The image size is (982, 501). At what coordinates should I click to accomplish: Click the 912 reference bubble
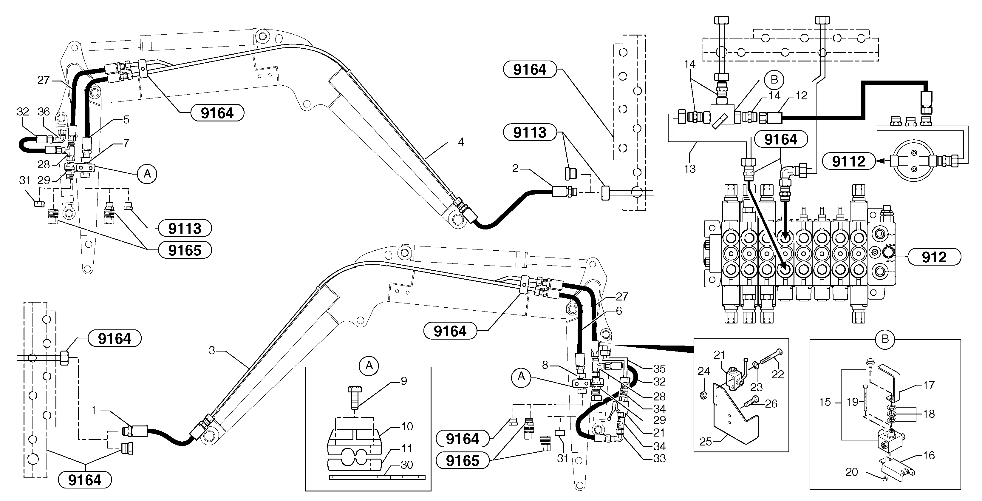pyautogui.click(x=934, y=257)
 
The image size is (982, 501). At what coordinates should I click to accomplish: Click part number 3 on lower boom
pyautogui.click(x=212, y=350)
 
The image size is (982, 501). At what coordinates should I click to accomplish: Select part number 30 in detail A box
pyautogui.click(x=407, y=465)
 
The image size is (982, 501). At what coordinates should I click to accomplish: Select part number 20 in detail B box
pyautogui.click(x=851, y=472)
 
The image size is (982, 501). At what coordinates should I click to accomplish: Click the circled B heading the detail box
pyautogui.click(x=885, y=339)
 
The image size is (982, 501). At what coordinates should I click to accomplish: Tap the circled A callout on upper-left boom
pyautogui.click(x=147, y=174)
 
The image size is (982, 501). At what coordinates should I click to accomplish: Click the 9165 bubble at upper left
pyautogui.click(x=185, y=250)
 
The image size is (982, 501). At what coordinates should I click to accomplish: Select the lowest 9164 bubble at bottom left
pyautogui.click(x=85, y=480)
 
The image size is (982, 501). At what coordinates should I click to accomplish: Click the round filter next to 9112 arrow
pyautogui.click(x=913, y=160)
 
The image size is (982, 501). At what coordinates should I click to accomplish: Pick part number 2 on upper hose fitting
pyautogui.click(x=515, y=168)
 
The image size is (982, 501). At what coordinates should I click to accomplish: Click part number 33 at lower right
pyautogui.click(x=659, y=458)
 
